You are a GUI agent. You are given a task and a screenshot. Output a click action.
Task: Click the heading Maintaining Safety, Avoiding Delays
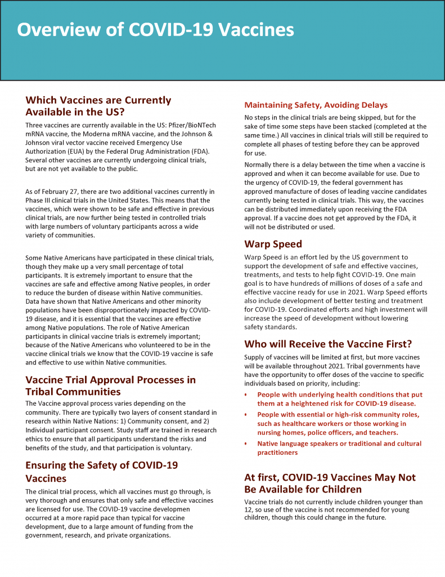[316, 105]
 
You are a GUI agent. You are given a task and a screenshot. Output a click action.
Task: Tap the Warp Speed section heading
[273, 244]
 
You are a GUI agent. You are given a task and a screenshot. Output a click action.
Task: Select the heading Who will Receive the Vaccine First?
[328, 344]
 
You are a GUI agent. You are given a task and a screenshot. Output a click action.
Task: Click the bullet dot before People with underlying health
[246, 394]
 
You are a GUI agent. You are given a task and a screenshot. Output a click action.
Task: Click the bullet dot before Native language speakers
[246, 443]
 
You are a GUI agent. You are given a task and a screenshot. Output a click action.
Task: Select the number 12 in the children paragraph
[250, 510]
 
